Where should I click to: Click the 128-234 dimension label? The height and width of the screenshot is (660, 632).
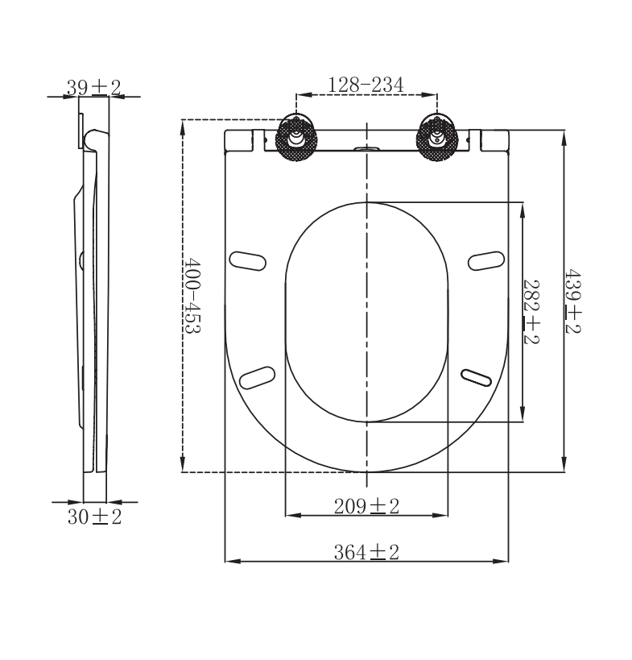tap(366, 85)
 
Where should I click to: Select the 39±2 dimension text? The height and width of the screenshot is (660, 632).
tap(93, 88)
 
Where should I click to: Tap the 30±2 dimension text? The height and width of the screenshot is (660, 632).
tap(94, 517)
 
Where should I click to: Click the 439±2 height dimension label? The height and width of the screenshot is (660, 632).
tap(572, 301)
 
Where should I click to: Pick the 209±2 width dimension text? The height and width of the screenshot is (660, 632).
tap(367, 506)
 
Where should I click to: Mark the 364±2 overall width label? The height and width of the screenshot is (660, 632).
tap(367, 552)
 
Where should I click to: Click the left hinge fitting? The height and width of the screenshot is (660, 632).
tap(296, 137)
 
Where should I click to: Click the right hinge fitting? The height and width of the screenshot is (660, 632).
tap(438, 137)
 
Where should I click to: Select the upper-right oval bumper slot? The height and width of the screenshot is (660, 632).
tap(486, 259)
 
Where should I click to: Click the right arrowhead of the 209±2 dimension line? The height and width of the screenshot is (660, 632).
tap(442, 514)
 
